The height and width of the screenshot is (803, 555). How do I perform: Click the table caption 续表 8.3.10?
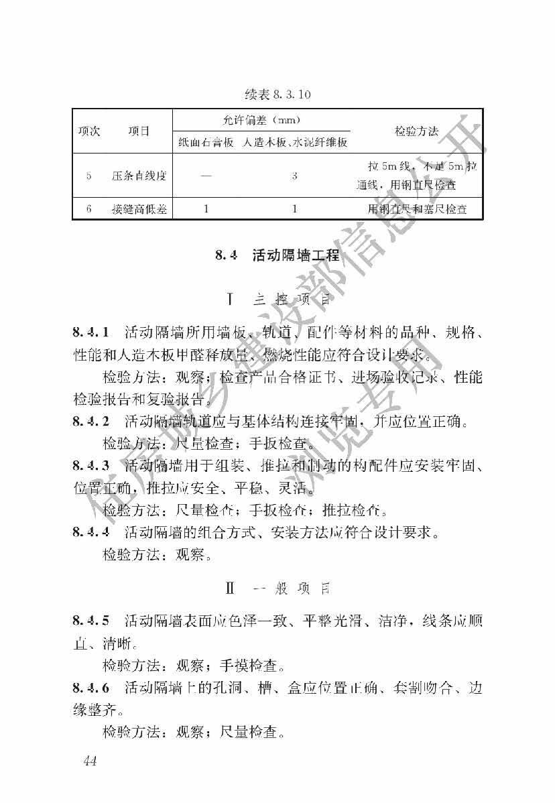click(x=277, y=95)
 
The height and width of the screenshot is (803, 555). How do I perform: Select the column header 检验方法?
click(x=416, y=131)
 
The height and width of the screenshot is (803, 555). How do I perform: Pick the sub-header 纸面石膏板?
click(x=206, y=142)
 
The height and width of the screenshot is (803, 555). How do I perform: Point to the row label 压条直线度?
click(x=139, y=176)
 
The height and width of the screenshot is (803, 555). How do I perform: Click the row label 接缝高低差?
click(x=139, y=209)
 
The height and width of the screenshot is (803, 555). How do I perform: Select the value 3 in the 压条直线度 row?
click(x=294, y=176)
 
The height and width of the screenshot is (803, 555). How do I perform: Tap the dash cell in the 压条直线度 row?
click(x=206, y=176)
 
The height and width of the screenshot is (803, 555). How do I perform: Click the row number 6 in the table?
click(x=88, y=209)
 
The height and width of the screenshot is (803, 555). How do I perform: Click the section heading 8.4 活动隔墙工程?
click(x=277, y=255)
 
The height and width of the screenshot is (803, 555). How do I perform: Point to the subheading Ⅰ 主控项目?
click(x=277, y=299)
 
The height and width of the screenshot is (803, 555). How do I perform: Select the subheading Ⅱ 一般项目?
click(x=277, y=589)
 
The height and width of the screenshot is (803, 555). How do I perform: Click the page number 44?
click(x=90, y=760)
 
